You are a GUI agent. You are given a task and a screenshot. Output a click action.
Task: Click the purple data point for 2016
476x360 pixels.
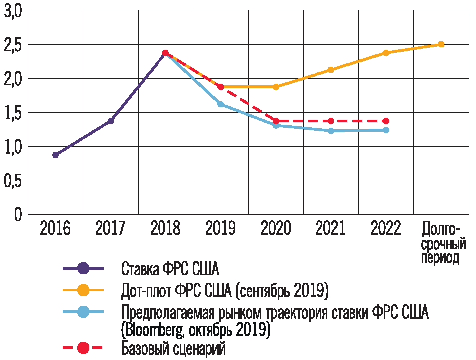tap(55, 155)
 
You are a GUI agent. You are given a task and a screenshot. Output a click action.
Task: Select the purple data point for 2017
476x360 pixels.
tap(111, 121)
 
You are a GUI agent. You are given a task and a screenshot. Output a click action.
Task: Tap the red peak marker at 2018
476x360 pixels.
tap(165, 53)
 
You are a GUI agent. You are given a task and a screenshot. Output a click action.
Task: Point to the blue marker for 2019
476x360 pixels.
tap(220, 104)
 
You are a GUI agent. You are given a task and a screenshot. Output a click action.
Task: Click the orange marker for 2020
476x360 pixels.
tap(276, 87)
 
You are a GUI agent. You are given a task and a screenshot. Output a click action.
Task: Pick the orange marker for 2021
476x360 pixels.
tap(331, 70)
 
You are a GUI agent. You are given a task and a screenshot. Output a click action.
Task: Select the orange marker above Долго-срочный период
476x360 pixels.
tap(441, 44)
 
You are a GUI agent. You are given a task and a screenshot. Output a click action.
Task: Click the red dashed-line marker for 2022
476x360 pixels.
tap(386, 121)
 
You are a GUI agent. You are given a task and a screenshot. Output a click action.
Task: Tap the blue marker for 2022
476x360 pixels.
tap(386, 130)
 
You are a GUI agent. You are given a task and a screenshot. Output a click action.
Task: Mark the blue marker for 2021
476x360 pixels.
tap(331, 131)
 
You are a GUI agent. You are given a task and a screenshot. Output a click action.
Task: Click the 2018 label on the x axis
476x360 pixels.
tap(165, 229)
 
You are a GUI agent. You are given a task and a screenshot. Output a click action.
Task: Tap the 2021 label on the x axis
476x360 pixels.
tap(331, 229)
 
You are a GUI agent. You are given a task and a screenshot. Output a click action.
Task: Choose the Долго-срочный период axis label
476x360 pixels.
tap(441, 244)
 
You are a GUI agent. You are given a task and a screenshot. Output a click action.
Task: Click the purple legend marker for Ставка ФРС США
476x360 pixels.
tap(83, 269)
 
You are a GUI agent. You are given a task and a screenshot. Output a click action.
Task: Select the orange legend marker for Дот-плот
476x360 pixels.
tap(83, 290)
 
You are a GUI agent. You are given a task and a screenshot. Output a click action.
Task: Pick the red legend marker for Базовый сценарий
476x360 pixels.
tap(83, 347)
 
